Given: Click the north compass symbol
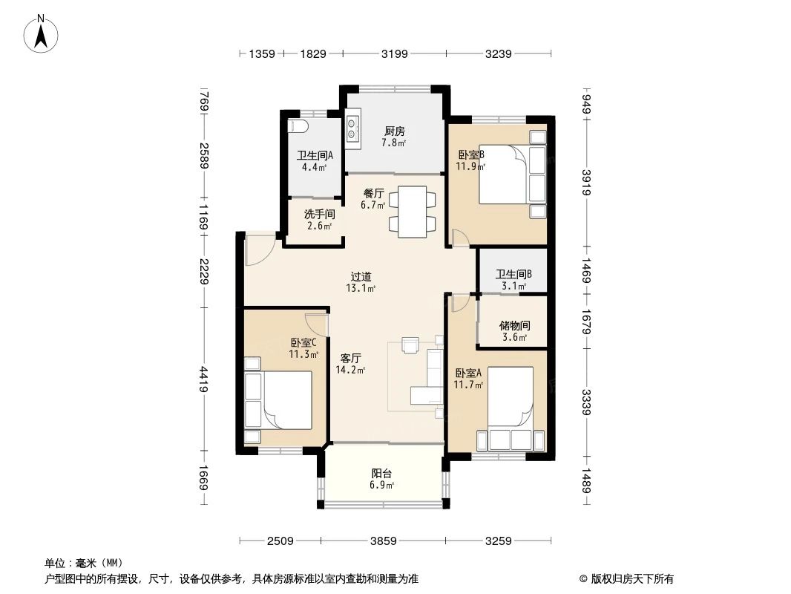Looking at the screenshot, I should click(43, 34).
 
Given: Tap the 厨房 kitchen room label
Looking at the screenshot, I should click(393, 137).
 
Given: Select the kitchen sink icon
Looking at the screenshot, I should click(352, 128).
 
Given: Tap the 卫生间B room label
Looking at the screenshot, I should click(513, 278).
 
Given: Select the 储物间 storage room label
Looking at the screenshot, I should click(514, 331).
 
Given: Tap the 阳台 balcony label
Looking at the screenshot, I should click(382, 479).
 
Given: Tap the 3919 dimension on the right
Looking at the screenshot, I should click(586, 182).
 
